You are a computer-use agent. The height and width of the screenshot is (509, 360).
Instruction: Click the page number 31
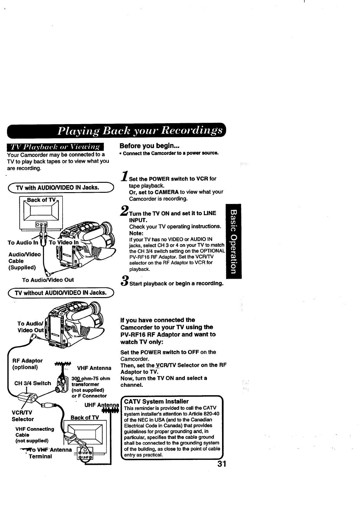point(221,465)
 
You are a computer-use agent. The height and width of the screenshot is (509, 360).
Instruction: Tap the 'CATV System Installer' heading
point(156,401)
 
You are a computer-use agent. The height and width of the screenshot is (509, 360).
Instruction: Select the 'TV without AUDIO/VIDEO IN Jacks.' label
point(61,293)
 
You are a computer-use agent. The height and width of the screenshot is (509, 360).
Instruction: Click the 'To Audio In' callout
point(23,242)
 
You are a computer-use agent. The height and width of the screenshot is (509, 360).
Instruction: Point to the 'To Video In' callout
point(64,242)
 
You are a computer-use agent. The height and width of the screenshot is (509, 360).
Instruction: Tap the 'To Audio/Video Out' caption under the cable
point(48,280)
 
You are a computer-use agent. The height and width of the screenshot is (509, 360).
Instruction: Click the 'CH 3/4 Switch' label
point(33,383)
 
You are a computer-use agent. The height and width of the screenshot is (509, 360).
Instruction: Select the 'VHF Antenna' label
point(94,368)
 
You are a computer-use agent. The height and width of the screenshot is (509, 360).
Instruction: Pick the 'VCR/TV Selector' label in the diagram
point(23,416)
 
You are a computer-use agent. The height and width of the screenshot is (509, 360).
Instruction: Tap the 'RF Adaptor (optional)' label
point(27,364)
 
